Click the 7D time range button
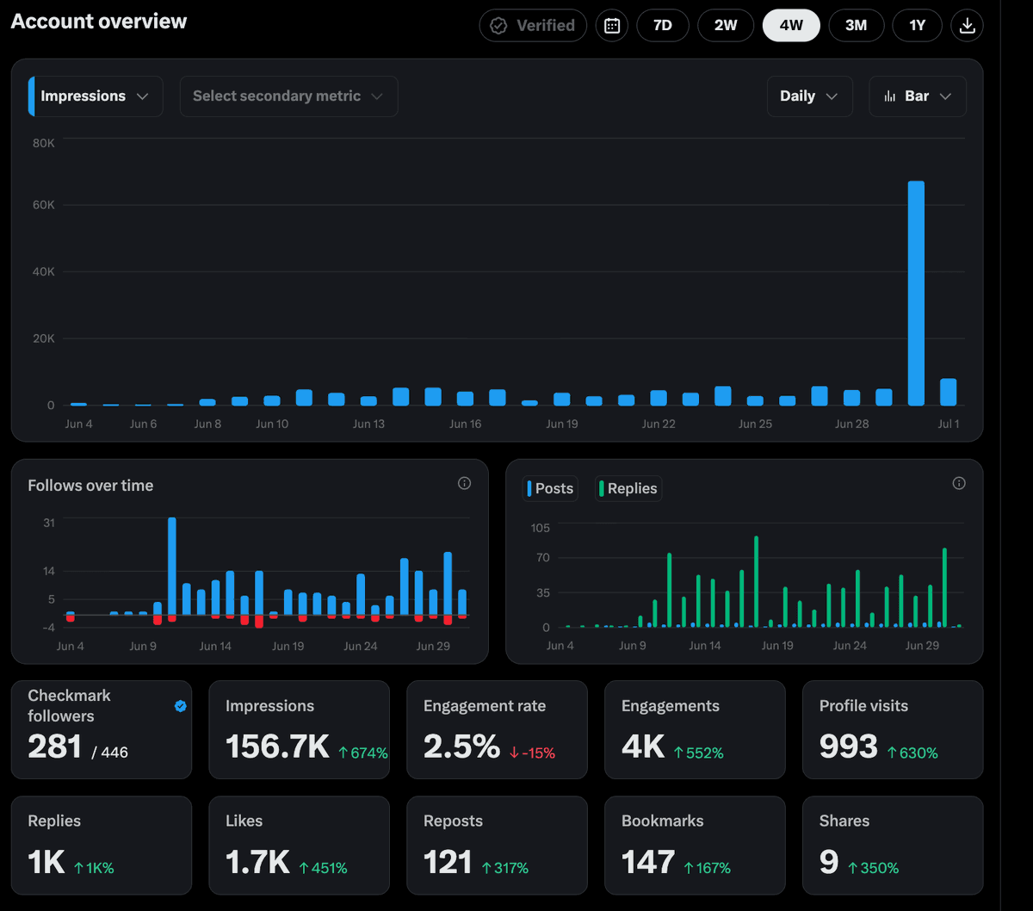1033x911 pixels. (662, 26)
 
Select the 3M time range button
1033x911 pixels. (856, 26)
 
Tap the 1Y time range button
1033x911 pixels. (917, 26)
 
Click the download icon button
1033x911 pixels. (967, 26)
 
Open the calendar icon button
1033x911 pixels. (612, 26)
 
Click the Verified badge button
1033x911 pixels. (533, 26)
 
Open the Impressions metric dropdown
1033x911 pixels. (96, 96)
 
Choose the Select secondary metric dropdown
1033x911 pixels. (288, 96)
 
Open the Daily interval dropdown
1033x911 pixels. (810, 96)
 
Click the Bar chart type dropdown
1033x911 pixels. (918, 96)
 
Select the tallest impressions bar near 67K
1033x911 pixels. (916, 294)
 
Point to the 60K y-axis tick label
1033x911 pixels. (43, 205)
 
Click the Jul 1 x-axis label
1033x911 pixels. (949, 424)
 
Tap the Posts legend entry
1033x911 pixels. (550, 489)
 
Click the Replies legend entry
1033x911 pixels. (628, 489)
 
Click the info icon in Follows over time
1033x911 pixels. (464, 483)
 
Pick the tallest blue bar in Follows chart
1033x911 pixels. (172, 567)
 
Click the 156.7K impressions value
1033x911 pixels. (277, 747)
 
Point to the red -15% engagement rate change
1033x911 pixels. (532, 753)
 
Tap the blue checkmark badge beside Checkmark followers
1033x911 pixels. (181, 706)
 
